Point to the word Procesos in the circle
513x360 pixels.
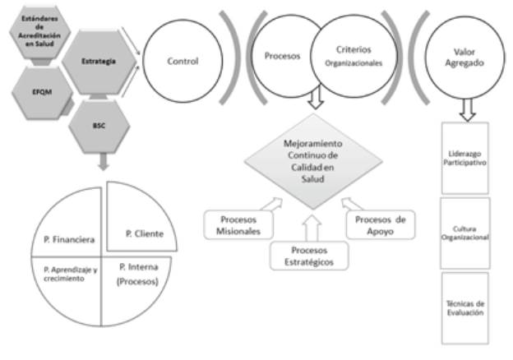[278, 58]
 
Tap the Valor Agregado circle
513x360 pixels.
[464, 60]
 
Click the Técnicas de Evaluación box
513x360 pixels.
[464, 308]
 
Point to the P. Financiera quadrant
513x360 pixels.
[67, 239]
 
